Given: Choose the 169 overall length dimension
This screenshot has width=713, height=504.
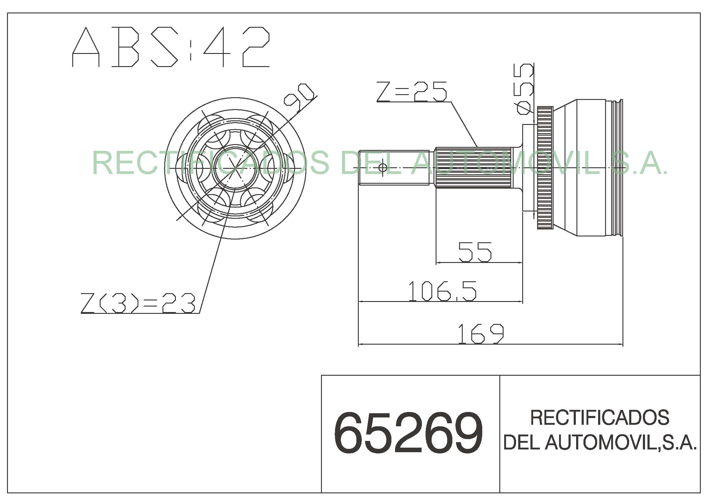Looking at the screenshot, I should point(481,334).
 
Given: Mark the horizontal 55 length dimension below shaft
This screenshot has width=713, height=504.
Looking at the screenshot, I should point(475,252).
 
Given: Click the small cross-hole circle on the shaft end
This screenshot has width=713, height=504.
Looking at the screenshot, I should point(382,168).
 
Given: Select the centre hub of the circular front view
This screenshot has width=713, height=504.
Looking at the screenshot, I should point(235,168).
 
